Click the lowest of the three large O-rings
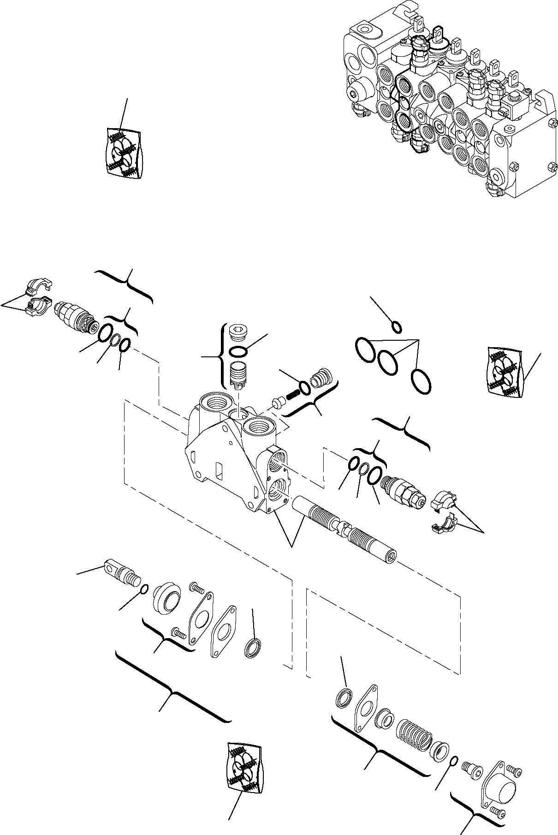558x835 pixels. pyautogui.click(x=421, y=382)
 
